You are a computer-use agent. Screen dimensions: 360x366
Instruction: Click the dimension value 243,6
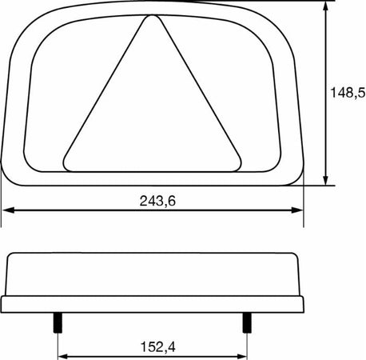tap(156, 201)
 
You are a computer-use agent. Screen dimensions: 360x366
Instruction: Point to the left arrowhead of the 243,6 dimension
tap(6, 211)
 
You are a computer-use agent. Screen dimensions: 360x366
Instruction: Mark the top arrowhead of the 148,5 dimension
tap(326, 6)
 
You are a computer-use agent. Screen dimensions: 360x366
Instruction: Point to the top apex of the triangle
tap(149, 19)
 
